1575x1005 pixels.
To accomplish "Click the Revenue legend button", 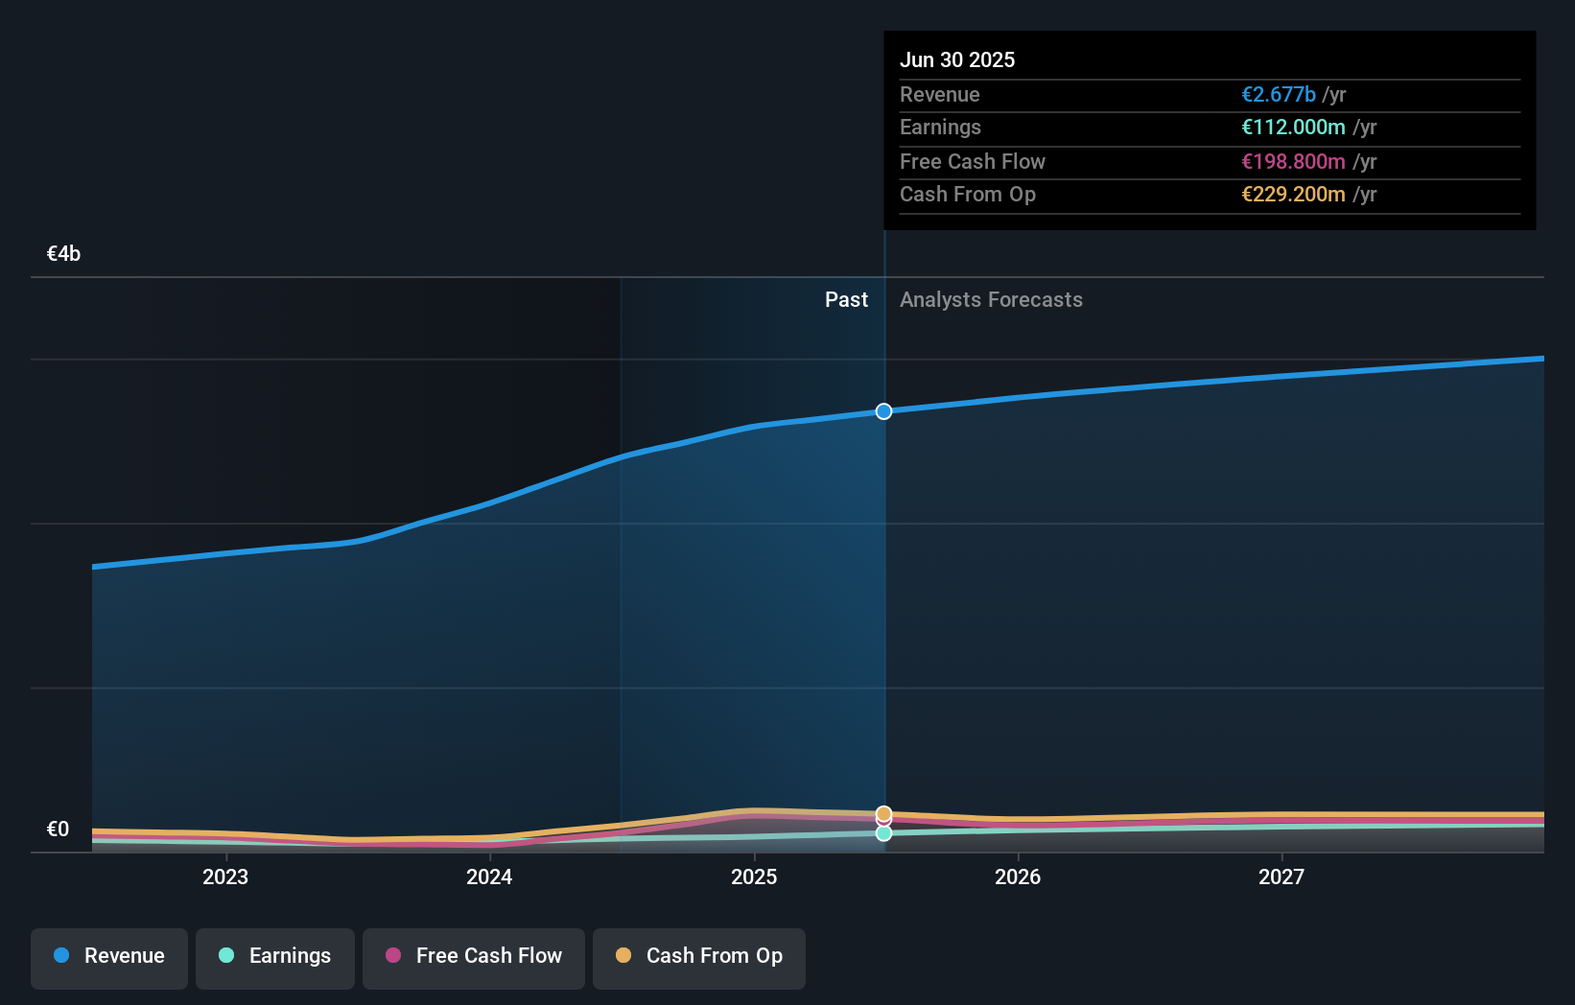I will coord(109,957).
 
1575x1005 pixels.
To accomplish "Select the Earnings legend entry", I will coord(274,957).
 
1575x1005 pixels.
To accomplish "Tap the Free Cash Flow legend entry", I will coord(473,957).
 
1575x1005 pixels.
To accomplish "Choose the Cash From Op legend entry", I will coord(698,957).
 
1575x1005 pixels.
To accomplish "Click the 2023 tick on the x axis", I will coord(225,877).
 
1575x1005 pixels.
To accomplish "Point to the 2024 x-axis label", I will coord(489,877).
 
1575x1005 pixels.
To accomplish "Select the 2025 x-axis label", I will coord(754,877).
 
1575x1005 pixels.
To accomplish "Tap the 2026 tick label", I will coord(1018,877).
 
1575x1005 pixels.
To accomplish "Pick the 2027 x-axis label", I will coord(1281,877).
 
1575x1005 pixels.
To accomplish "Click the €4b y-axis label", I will coord(63,254).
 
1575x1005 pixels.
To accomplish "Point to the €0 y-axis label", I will coord(58,830).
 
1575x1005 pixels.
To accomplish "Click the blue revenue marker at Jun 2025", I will coord(883,411).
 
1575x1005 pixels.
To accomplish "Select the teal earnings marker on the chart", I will coord(883,834).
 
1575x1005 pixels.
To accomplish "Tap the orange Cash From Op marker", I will coord(883,813).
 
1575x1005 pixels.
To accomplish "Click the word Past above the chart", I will coord(846,300).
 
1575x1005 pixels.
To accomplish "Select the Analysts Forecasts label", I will coord(991,300).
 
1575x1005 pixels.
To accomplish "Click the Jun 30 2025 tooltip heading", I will coord(956,60).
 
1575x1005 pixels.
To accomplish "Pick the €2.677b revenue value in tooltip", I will coord(1278,95).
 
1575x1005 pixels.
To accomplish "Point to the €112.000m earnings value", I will coord(1293,128).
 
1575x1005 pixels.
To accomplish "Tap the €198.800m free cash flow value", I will coord(1293,162).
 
